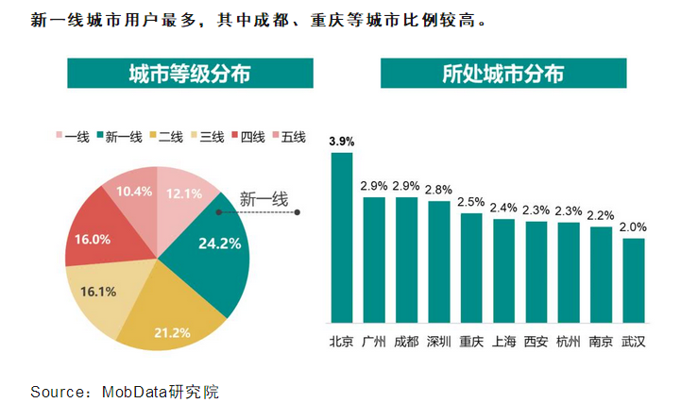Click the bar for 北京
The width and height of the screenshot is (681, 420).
(x=341, y=237)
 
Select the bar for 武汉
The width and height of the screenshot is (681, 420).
(x=634, y=280)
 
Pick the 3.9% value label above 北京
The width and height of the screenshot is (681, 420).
(x=341, y=142)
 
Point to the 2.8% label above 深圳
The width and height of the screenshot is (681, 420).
(x=438, y=190)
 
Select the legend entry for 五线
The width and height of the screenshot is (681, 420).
(x=288, y=137)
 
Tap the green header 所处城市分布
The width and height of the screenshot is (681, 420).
(x=502, y=74)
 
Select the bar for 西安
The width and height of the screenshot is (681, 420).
(x=536, y=272)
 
